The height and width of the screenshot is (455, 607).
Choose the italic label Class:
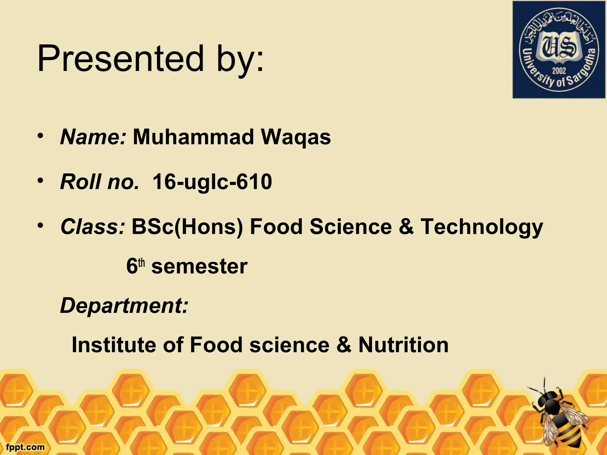coord(92,226)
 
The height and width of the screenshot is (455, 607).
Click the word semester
coord(199,266)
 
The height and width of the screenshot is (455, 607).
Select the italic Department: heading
coord(124,306)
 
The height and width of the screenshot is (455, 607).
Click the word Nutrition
coord(403,345)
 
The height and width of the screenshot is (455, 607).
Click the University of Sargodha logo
coord(559,49)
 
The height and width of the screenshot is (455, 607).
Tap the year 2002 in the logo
coord(559,71)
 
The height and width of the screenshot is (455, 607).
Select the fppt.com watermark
coord(25,447)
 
